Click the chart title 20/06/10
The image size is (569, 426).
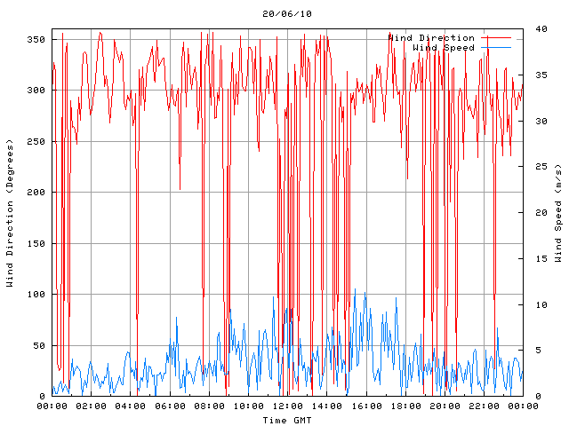pos(287,14)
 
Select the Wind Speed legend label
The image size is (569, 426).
pos(444,47)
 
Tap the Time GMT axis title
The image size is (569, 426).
pos(286,419)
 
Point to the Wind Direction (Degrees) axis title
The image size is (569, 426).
pos(11,213)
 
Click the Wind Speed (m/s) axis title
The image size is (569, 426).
pos(558,213)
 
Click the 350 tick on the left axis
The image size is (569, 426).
pos(36,40)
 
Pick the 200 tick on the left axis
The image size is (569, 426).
pos(36,193)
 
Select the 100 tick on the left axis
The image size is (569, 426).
pos(36,295)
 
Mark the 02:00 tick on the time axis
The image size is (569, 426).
pos(91,406)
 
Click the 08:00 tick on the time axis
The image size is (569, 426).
pos(209,406)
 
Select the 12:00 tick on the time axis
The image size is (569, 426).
pos(287,406)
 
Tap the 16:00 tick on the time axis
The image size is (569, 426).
pos(365,406)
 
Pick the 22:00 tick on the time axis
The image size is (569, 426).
pos(484,406)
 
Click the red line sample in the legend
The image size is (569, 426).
pos(497,37)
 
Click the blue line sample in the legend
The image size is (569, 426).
pos(497,47)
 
